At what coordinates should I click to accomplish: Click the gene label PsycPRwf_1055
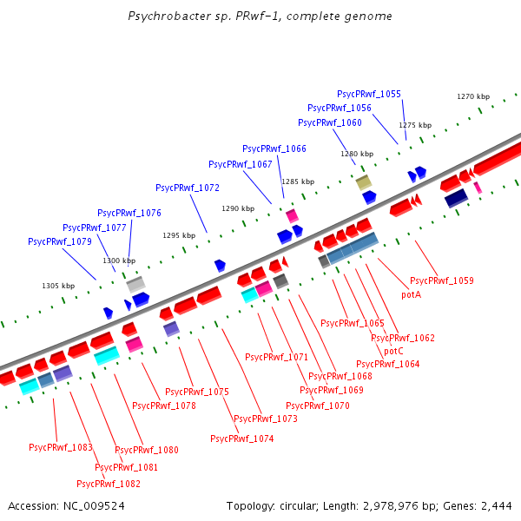369,94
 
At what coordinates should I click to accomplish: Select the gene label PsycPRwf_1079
60,241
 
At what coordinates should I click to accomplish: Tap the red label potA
411,295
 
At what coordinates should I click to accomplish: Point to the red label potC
393,351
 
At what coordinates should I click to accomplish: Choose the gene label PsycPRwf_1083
61,448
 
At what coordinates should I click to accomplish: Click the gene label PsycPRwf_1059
442,281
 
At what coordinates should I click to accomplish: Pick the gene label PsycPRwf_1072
188,188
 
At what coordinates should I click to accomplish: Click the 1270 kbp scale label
474,97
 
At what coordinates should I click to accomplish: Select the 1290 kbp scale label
238,209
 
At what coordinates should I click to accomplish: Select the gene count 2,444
496,505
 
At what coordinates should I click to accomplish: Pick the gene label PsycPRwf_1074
242,439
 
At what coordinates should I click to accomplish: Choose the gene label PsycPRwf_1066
274,149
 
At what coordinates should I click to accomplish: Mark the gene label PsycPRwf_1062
403,339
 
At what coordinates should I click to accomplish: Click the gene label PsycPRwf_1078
164,406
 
